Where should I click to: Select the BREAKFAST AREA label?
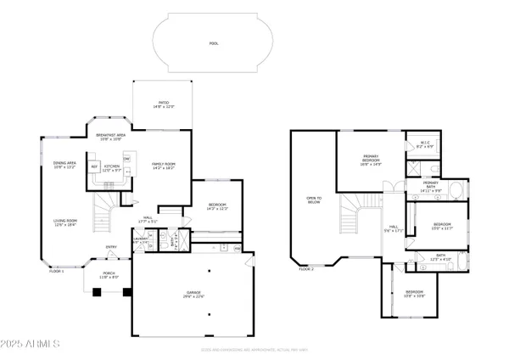coord(111,137)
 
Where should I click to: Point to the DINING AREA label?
coord(65,165)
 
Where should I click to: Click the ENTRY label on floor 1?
coord(111,248)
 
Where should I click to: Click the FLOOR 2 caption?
coord(306,269)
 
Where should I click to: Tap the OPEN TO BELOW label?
coord(313,201)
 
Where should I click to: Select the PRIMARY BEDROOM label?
coord(370,160)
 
